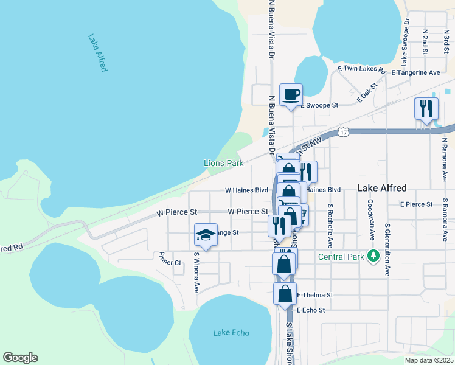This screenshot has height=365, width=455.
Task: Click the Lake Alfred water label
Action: (x=97, y=53)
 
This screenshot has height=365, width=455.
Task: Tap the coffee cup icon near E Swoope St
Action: (x=291, y=95)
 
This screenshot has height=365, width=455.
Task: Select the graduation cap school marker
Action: (x=206, y=235)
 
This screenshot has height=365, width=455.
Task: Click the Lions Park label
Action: (x=223, y=163)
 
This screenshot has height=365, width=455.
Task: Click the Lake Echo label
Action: (x=231, y=333)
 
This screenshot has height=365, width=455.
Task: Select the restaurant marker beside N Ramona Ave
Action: (x=426, y=109)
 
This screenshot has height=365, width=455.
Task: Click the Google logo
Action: (x=20, y=358)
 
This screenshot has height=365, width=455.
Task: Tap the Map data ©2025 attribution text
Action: (x=428, y=360)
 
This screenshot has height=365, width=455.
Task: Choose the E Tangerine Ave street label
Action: (x=415, y=72)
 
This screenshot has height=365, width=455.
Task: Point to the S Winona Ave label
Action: (x=196, y=273)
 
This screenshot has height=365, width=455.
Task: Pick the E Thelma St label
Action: (x=315, y=295)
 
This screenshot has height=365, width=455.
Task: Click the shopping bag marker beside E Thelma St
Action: (x=285, y=294)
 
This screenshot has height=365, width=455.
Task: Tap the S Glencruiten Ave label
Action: (x=387, y=249)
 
